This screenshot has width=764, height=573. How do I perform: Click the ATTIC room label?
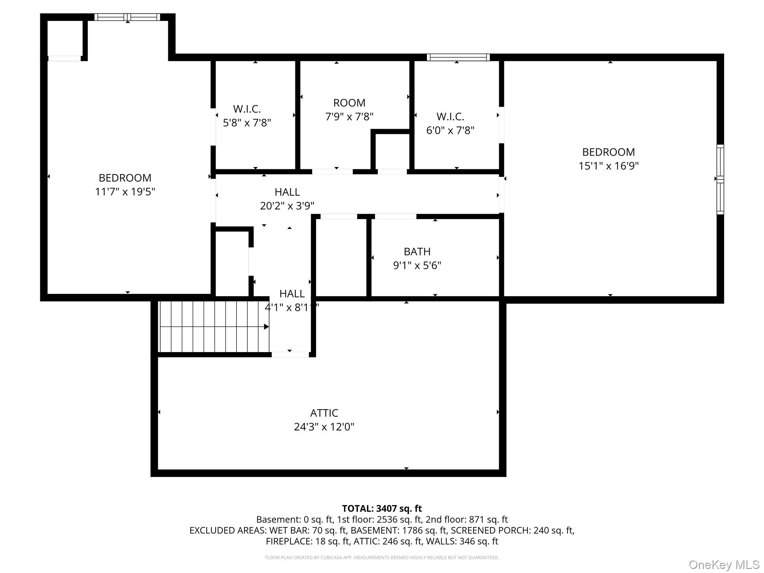[x=324, y=413]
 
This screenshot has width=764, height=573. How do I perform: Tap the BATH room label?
[x=417, y=251]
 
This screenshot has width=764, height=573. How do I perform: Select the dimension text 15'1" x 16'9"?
[x=608, y=166]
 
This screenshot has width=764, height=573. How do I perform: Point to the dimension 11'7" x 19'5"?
[x=125, y=191]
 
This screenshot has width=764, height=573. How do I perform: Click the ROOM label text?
[x=349, y=103]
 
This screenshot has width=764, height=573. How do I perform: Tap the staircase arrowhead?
[x=266, y=327]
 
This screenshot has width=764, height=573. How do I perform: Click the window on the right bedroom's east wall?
[x=720, y=179]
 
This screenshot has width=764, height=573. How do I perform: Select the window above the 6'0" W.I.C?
[x=458, y=57]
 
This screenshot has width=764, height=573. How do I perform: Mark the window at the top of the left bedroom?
[x=127, y=17]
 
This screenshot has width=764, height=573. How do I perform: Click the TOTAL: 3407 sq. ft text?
[x=382, y=508]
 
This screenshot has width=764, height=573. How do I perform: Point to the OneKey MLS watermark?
[x=724, y=564]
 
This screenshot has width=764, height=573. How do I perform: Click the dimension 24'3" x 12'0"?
[x=324, y=427]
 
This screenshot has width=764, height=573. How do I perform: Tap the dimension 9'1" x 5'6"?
[x=417, y=265]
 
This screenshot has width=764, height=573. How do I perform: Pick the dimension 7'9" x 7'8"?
[x=349, y=117]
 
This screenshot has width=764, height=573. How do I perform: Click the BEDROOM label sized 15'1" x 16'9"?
[x=608, y=152]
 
